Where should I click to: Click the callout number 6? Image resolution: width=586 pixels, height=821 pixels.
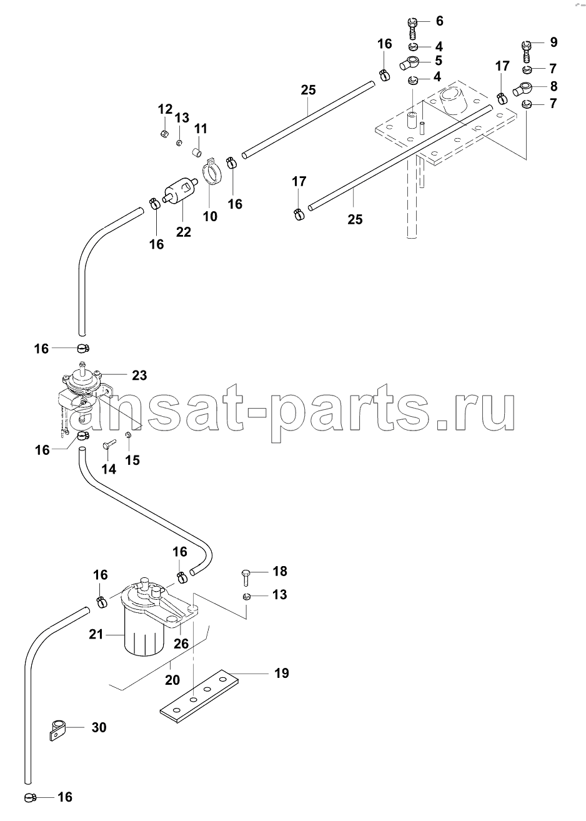click(x=439, y=21)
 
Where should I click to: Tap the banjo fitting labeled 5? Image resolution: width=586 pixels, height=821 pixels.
click(x=410, y=62)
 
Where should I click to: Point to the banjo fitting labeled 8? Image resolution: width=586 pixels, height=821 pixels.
click(x=524, y=89)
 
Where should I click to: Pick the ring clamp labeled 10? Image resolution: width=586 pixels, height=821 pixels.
click(x=212, y=172)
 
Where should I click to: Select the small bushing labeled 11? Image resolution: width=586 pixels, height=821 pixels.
click(x=197, y=151)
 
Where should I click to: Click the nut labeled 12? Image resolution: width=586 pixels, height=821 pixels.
click(x=164, y=134)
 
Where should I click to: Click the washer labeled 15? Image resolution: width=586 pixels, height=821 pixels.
click(x=128, y=435)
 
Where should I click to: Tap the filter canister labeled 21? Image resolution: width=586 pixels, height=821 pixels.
click(x=142, y=636)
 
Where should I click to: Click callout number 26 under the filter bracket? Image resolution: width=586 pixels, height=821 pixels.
click(x=181, y=644)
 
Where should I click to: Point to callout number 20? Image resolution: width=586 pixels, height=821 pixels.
click(x=172, y=680)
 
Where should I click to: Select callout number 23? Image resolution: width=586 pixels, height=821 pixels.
click(x=139, y=376)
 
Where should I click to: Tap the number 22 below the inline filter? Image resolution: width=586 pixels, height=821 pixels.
click(x=183, y=232)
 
